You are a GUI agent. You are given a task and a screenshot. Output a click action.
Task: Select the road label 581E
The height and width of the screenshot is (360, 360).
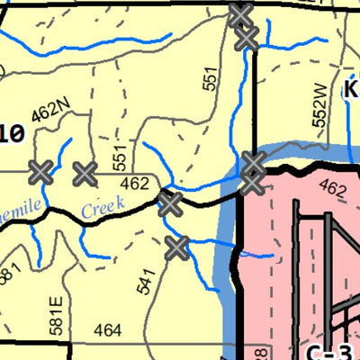(58, 310)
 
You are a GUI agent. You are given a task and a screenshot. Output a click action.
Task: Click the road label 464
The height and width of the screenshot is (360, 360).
(106, 331)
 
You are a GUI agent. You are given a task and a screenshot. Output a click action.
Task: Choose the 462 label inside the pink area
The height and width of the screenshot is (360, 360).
(331, 190)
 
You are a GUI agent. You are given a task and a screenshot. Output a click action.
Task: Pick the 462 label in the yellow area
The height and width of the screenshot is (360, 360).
(134, 184)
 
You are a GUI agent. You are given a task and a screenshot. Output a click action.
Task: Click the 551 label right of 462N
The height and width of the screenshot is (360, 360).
(120, 155)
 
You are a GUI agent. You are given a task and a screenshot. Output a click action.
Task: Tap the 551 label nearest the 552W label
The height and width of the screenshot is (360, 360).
(211, 80)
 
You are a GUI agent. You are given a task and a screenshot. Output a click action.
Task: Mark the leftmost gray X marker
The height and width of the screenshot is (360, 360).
(40, 171)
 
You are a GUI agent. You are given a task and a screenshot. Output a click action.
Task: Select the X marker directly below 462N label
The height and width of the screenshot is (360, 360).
(85, 172)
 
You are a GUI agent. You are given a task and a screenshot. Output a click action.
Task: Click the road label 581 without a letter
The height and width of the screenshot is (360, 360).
(9, 274)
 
